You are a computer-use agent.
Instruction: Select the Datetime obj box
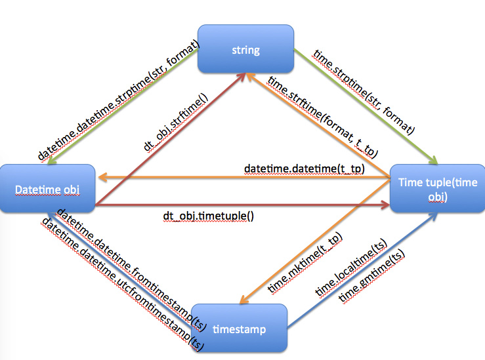pos(48,190)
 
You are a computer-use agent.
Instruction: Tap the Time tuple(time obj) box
pos(436,189)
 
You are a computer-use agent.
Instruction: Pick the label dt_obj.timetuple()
pos(209,215)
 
